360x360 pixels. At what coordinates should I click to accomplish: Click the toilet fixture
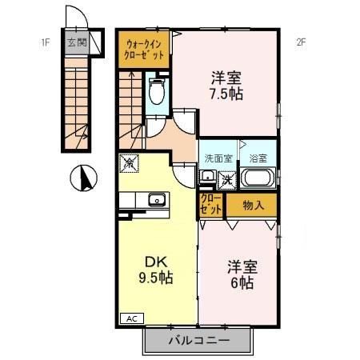(x=157, y=90)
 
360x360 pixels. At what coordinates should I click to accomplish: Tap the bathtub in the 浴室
(x=258, y=178)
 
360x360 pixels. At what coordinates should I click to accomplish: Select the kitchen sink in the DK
(x=157, y=199)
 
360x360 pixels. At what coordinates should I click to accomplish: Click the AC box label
(x=132, y=318)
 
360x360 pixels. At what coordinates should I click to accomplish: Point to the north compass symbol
(x=83, y=178)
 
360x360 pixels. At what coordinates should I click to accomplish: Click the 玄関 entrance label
(x=77, y=42)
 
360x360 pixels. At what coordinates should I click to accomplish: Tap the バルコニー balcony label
(x=199, y=340)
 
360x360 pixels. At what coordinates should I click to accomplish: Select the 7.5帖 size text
(x=226, y=94)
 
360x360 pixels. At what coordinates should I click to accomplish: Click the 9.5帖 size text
(x=156, y=278)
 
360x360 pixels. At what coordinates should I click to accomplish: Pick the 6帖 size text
(x=242, y=282)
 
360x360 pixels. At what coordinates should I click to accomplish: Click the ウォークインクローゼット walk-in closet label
(x=144, y=50)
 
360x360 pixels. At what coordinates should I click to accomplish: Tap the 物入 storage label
(x=254, y=205)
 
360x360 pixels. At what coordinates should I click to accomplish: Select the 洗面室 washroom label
(x=218, y=158)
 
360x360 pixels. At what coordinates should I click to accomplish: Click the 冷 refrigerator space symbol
(x=129, y=163)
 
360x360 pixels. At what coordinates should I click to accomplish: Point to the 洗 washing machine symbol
(x=227, y=180)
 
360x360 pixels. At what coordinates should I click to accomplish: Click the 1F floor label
(x=45, y=42)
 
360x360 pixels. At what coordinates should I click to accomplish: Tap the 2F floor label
(x=301, y=42)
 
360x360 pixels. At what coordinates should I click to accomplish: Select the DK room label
(x=156, y=262)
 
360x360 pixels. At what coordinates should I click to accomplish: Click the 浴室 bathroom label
(x=258, y=158)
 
